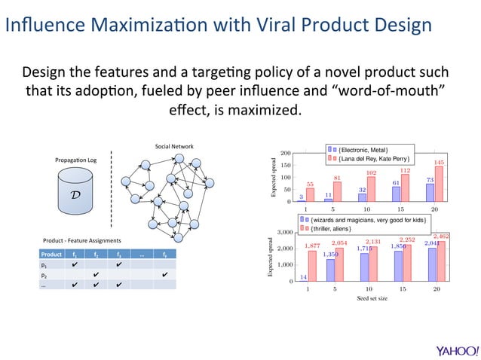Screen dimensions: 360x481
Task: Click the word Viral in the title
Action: (279, 24)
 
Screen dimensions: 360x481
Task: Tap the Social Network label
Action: (174, 146)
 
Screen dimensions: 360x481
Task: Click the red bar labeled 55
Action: (310, 195)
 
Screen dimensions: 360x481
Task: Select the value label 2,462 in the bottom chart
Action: (440, 236)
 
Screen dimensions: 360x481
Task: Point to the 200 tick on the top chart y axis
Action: (286, 153)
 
